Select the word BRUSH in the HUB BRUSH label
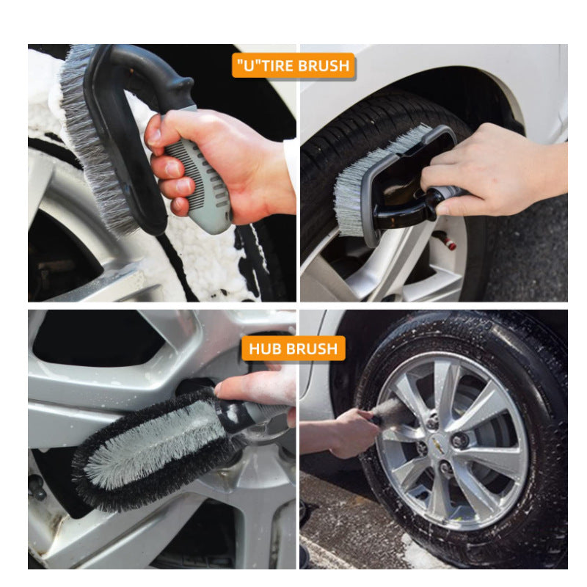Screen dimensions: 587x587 coord(312,349)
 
